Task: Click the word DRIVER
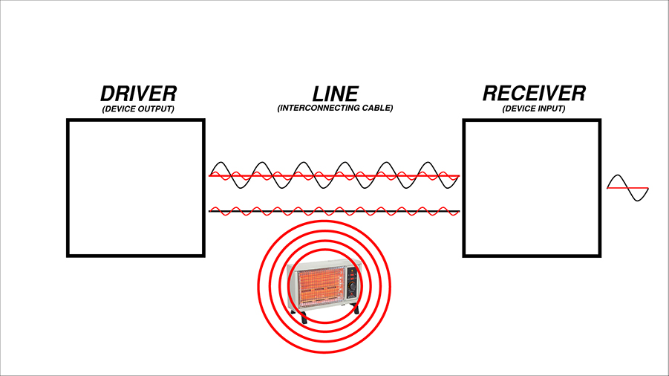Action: tap(139, 94)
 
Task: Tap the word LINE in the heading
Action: tap(335, 94)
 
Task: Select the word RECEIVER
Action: tap(534, 94)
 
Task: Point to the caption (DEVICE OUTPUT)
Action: tap(139, 109)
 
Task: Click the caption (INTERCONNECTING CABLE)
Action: tap(335, 108)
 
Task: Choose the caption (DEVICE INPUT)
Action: tap(534, 108)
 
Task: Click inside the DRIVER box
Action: tap(136, 188)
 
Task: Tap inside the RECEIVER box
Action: tap(531, 188)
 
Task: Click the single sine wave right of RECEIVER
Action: tap(627, 188)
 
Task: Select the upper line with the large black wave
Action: tap(334, 176)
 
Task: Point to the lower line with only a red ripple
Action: tap(334, 211)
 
